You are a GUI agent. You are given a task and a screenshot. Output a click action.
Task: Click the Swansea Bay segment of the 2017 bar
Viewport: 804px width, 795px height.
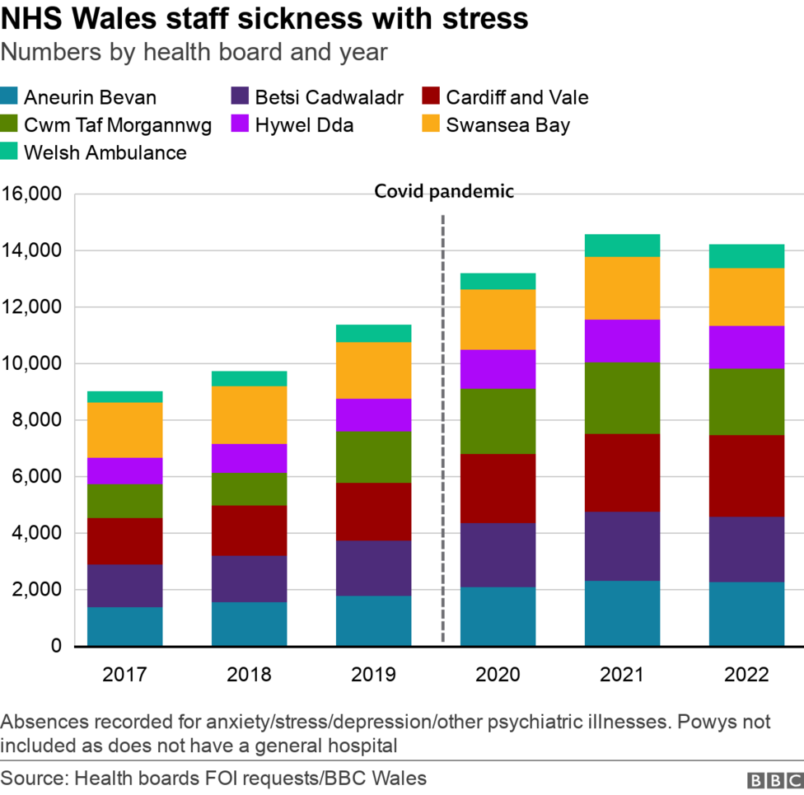[124, 430]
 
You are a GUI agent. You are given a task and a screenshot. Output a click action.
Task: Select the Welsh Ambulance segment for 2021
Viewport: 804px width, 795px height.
[622, 246]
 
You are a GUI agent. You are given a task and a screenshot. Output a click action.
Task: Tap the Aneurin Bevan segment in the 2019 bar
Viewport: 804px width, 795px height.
[373, 620]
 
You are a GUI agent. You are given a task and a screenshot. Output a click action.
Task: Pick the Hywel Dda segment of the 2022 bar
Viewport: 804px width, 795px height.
[746, 347]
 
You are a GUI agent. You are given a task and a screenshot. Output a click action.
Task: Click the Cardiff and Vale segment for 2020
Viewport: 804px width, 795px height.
[498, 489]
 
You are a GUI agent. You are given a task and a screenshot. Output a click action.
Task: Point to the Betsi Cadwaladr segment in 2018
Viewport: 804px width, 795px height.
[249, 579]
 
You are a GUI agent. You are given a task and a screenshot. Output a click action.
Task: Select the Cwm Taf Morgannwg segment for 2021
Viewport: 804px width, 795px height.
[622, 398]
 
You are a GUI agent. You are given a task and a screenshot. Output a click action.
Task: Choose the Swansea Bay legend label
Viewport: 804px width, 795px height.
[507, 125]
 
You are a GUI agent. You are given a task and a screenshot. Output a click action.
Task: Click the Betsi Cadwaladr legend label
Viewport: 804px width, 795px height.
[329, 97]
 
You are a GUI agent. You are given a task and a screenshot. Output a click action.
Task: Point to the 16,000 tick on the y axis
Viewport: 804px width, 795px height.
[32, 194]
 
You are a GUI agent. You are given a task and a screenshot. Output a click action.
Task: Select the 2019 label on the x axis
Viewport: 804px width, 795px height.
[373, 675]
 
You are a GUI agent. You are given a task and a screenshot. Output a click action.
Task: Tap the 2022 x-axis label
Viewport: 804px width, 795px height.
[746, 675]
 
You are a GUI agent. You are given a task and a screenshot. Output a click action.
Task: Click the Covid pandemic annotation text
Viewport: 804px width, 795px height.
[444, 192]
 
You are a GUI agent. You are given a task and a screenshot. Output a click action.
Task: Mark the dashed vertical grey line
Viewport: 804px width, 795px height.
[443, 428]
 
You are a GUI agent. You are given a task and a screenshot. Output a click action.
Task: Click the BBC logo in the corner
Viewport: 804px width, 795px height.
[774, 779]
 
